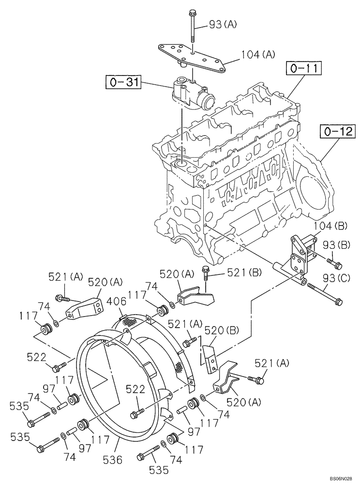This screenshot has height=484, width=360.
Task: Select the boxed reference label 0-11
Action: coord(303,69)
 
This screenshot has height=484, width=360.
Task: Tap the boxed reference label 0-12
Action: coord(336,131)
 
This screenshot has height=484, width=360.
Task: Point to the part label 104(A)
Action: coord(257,56)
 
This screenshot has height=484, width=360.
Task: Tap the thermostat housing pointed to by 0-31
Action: coord(194,92)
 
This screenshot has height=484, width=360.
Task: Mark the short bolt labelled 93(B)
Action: coord(334,264)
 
